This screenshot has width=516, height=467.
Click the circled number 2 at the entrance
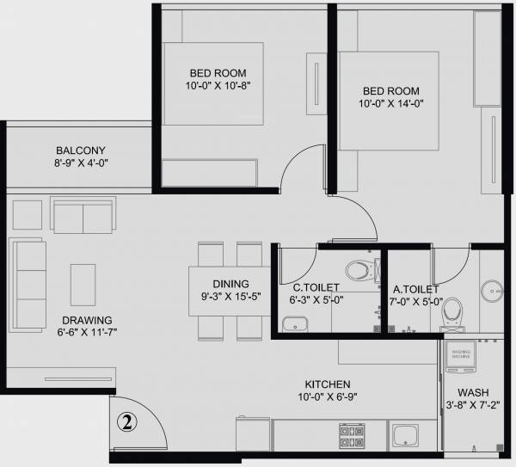click(x=126, y=421)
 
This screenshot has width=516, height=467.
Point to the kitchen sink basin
click(x=405, y=437)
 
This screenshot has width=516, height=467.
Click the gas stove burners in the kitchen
click(x=353, y=435)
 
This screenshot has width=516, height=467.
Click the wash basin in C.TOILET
click(x=296, y=325)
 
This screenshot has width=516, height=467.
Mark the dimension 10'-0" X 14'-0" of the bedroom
click(x=391, y=104)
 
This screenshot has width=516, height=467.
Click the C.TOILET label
click(x=316, y=287)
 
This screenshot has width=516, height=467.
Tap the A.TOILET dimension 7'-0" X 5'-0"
click(x=418, y=302)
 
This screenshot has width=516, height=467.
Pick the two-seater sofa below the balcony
click(x=83, y=214)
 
